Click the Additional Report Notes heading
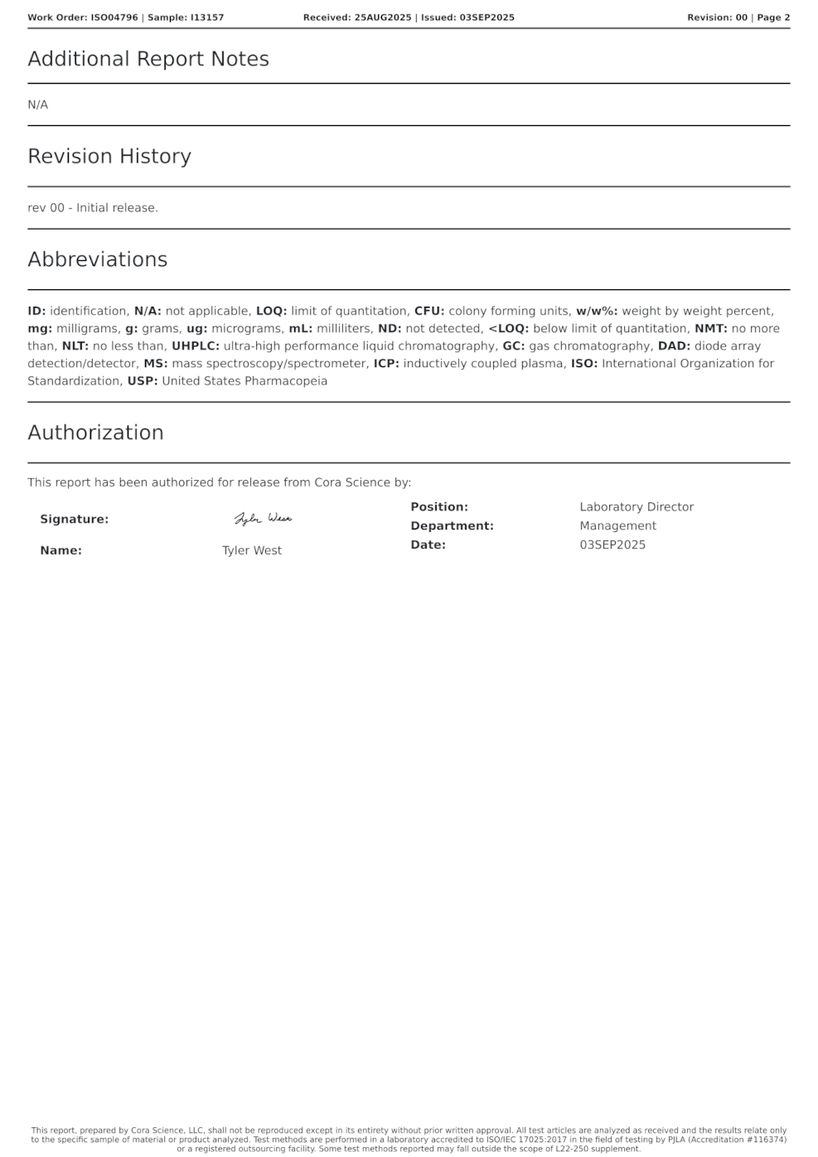(x=148, y=59)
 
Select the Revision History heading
(x=109, y=156)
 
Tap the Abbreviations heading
(x=98, y=259)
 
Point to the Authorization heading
(x=95, y=433)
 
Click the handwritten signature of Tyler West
(x=263, y=519)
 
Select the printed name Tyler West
(x=252, y=550)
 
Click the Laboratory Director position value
(x=636, y=506)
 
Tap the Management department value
(x=617, y=525)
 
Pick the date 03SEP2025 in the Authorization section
(x=612, y=545)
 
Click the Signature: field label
(x=75, y=519)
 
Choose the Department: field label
(x=452, y=525)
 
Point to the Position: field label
(x=439, y=506)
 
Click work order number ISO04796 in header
(x=114, y=17)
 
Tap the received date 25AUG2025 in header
(x=383, y=17)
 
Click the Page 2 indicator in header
(x=773, y=17)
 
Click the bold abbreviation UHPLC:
(x=196, y=346)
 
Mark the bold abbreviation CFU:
(x=429, y=311)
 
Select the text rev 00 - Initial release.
(x=93, y=207)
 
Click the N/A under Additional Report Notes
(x=38, y=104)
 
